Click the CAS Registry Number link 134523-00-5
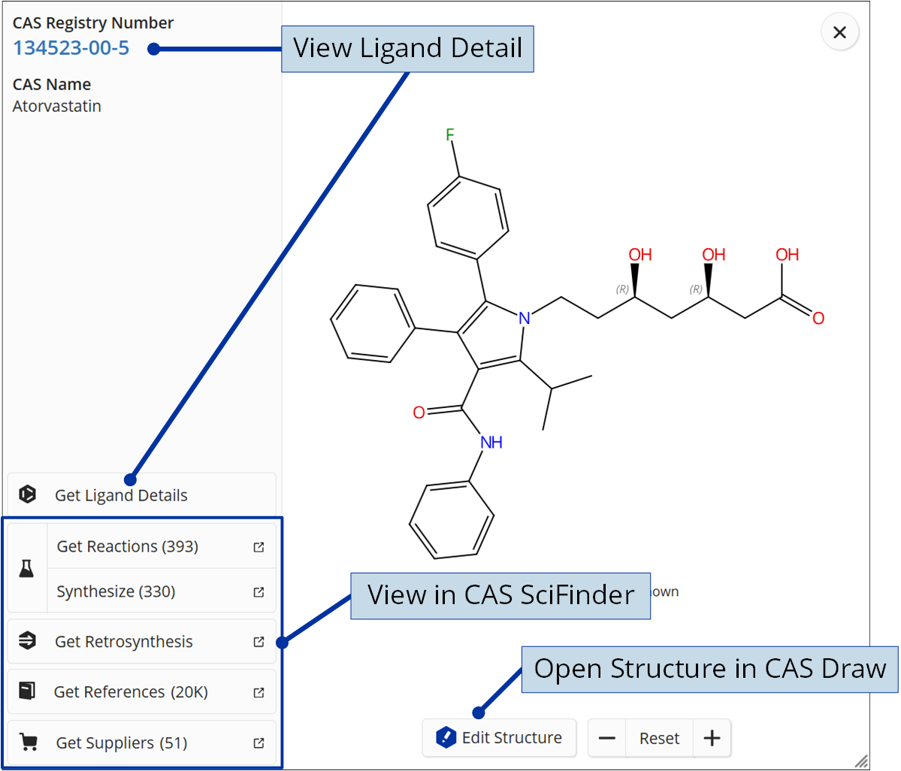click(x=71, y=48)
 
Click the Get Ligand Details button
click(x=121, y=495)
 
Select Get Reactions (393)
click(x=128, y=546)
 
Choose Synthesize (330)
click(x=116, y=591)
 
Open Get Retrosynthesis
click(x=124, y=642)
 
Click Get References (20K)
click(x=131, y=692)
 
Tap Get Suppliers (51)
click(x=122, y=743)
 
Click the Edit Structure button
click(x=499, y=738)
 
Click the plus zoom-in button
click(x=711, y=738)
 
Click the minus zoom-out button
click(x=607, y=738)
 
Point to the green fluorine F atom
click(x=450, y=135)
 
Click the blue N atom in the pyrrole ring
click(x=525, y=318)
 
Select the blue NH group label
click(x=491, y=443)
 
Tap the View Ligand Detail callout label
click(x=407, y=49)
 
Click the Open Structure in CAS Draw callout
click(x=710, y=669)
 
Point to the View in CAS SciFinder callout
click(x=500, y=595)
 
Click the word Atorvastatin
click(x=57, y=106)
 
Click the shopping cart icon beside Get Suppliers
click(x=29, y=742)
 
